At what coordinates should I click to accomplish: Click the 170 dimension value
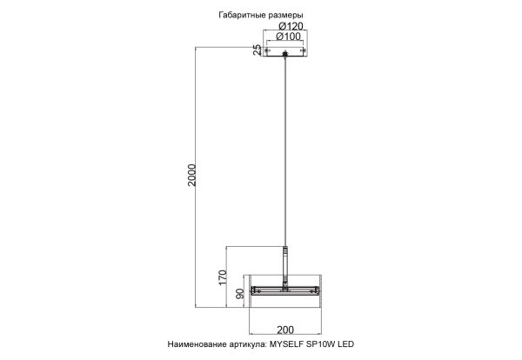tap(223, 277)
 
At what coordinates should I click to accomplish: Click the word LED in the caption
tap(363, 345)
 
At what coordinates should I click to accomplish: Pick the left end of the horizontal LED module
tap(254, 289)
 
